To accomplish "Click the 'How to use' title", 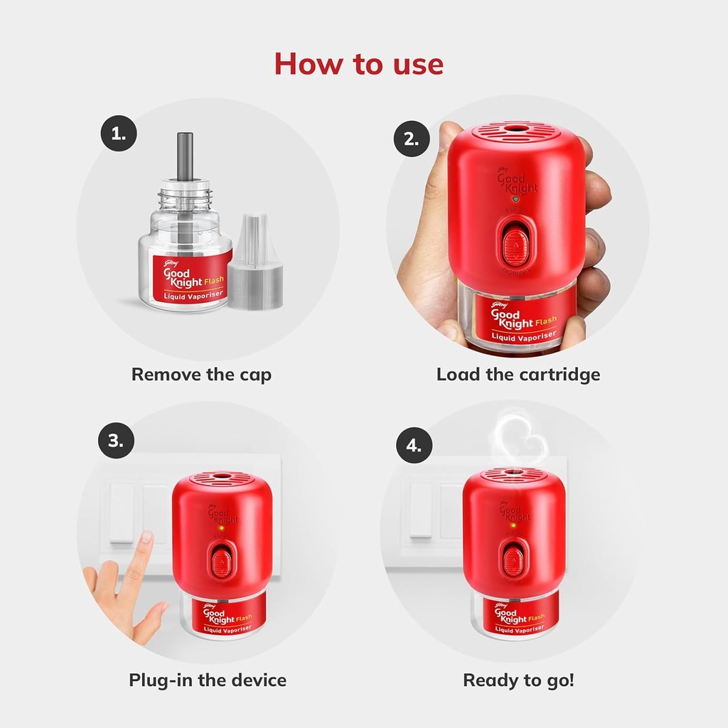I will tap(359, 64).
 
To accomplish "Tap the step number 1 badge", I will tap(118, 134).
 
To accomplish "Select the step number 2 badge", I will tap(412, 139).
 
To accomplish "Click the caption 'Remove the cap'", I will tap(201, 374).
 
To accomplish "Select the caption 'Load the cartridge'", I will tap(518, 374).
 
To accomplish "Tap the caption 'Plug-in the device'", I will tap(208, 680).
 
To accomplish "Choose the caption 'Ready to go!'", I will tap(518, 680).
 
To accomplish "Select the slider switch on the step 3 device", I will tap(220, 560).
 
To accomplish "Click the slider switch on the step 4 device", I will tap(513, 557).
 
